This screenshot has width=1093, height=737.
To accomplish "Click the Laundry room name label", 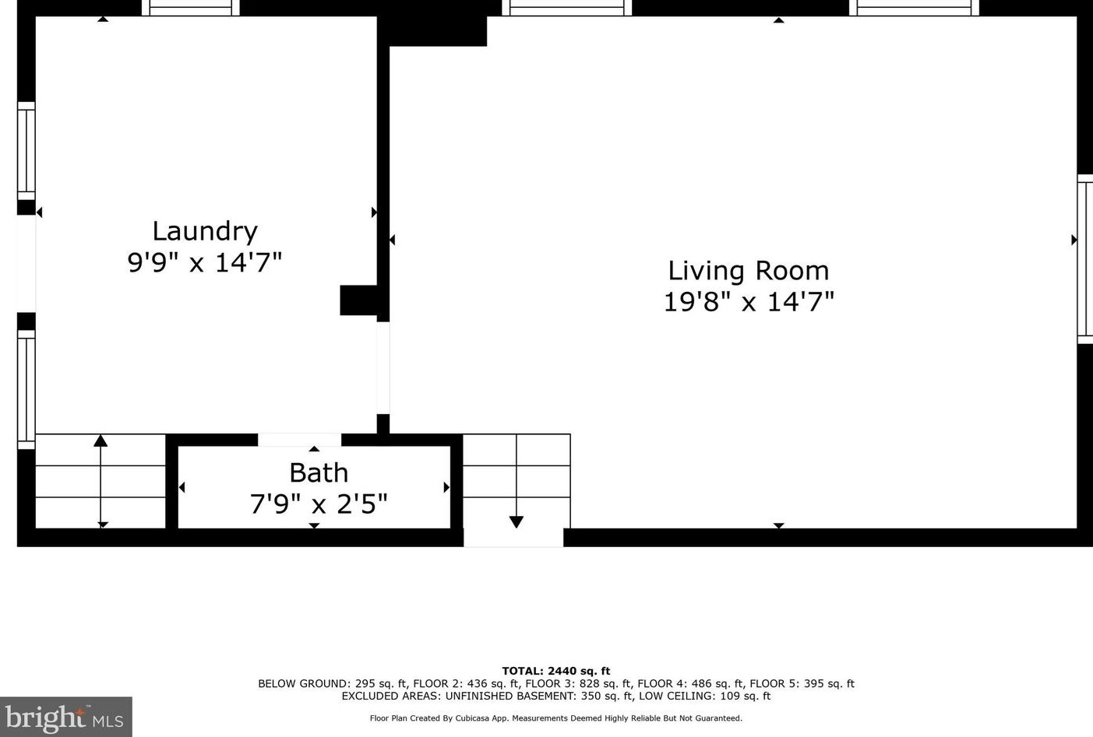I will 204,231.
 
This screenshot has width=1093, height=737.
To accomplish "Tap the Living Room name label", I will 748,271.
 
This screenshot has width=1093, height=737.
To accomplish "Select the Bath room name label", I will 319,472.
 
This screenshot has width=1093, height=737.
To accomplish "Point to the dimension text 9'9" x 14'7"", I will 204,262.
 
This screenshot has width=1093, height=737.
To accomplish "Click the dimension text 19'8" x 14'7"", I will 748,302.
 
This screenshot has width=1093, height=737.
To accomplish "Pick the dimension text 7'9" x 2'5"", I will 319,504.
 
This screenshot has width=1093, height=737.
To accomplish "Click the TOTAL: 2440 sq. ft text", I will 555,671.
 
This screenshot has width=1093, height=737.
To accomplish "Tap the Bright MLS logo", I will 65,717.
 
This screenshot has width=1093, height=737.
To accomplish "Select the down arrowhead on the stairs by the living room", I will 516,522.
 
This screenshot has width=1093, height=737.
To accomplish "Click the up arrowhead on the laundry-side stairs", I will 100,441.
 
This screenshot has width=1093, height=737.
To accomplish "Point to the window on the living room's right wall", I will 1084,258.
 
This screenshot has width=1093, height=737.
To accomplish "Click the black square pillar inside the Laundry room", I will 358,300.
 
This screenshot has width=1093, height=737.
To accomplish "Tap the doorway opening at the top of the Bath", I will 299,440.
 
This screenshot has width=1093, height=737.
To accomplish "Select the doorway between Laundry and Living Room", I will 383,367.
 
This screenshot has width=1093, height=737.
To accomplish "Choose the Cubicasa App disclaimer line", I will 555,718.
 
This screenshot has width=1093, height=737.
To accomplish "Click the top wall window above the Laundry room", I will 190,9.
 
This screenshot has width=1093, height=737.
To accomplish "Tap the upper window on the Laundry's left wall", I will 26,150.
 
